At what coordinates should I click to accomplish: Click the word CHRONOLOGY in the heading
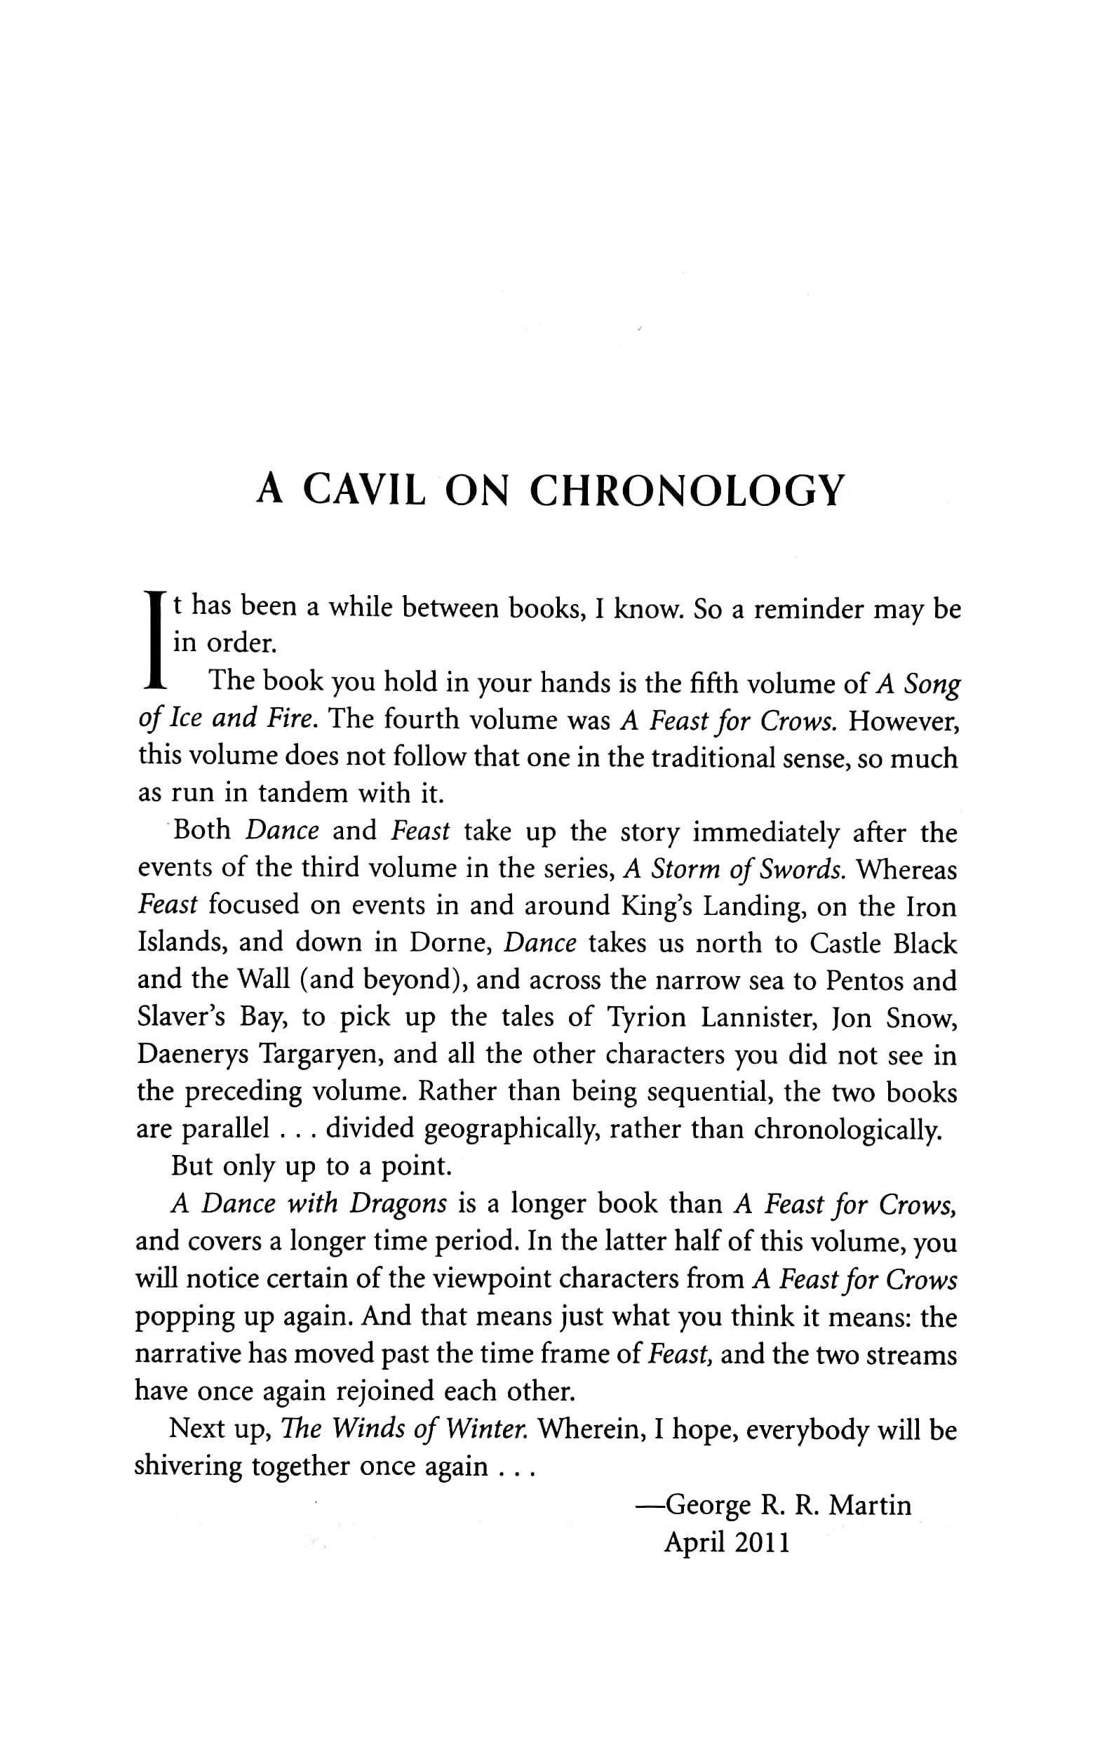point(687,490)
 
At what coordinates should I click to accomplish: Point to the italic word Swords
point(798,870)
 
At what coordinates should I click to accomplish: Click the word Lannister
point(756,1018)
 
